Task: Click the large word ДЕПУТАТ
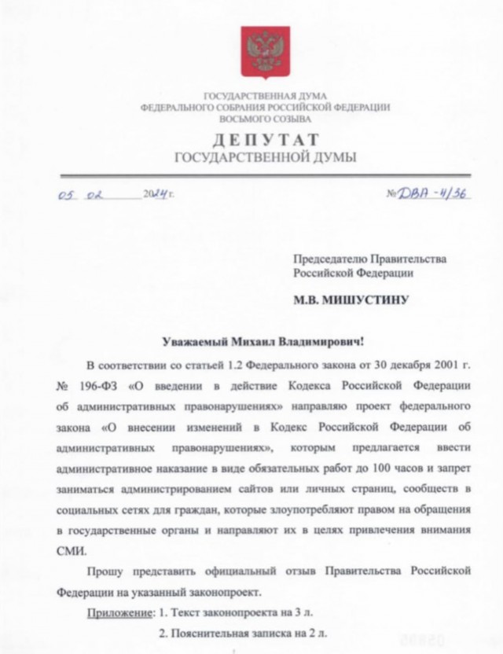pyautogui.click(x=265, y=139)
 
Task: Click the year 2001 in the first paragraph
pyautogui.click(x=438, y=365)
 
